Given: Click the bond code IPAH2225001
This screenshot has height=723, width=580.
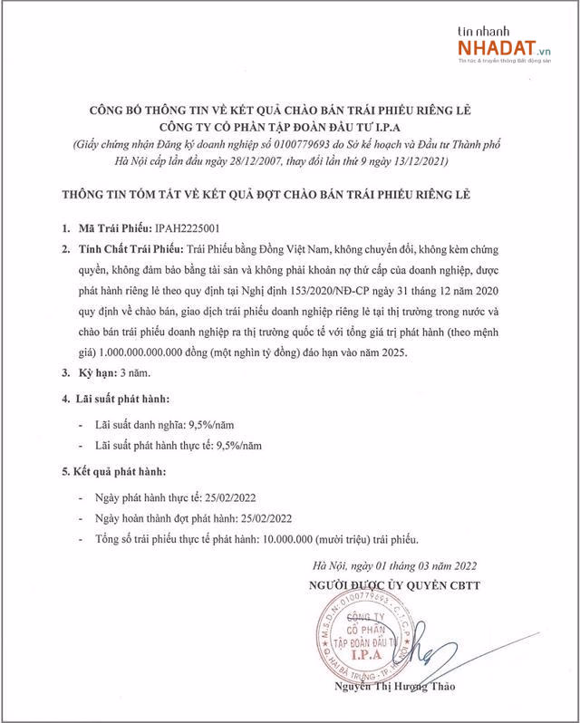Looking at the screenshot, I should point(190,228).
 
